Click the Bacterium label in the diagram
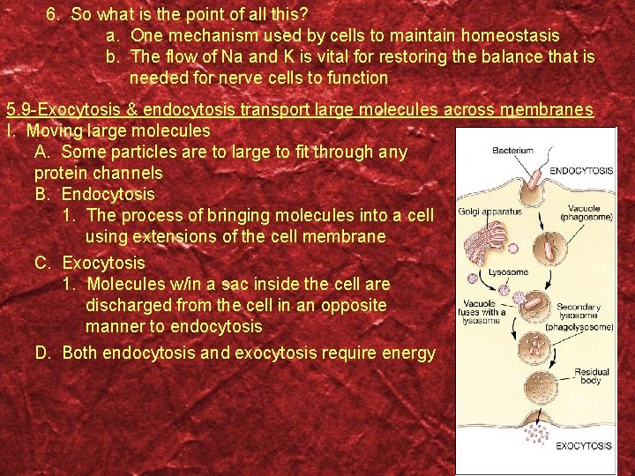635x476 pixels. tap(512, 151)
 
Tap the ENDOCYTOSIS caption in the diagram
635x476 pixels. tap(582, 169)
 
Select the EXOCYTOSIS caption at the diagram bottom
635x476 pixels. tap(583, 446)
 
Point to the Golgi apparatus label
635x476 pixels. tap(490, 212)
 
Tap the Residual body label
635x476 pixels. tap(592, 377)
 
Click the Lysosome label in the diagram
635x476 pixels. tap(509, 272)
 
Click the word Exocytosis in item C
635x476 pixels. tap(104, 263)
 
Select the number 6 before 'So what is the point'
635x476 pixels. tap(52, 14)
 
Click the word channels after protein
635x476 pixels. tap(126, 173)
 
